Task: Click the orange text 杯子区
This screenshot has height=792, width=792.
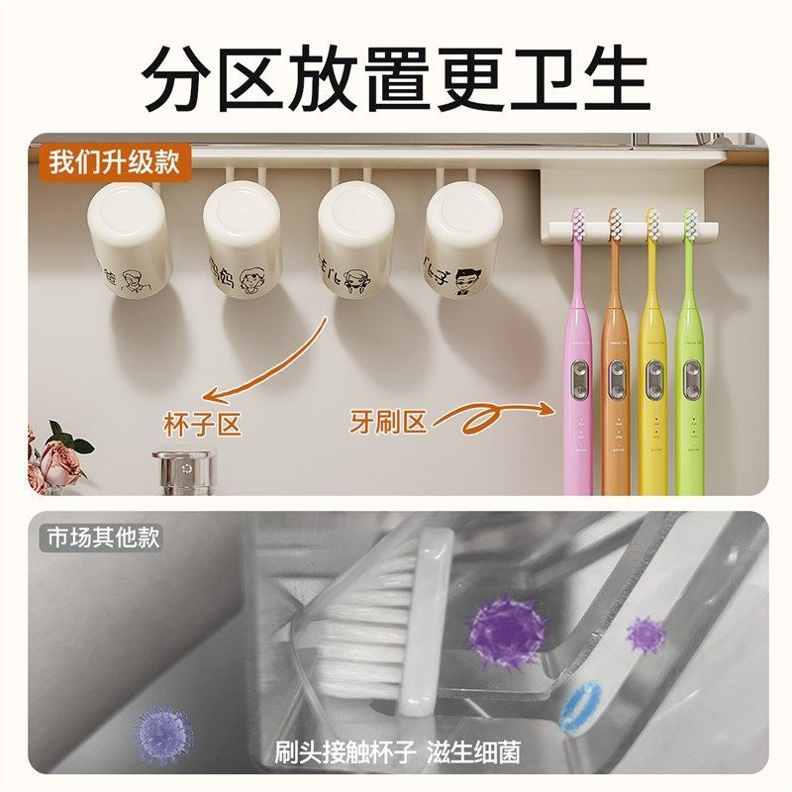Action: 203,424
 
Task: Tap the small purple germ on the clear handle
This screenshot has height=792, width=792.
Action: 645,634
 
